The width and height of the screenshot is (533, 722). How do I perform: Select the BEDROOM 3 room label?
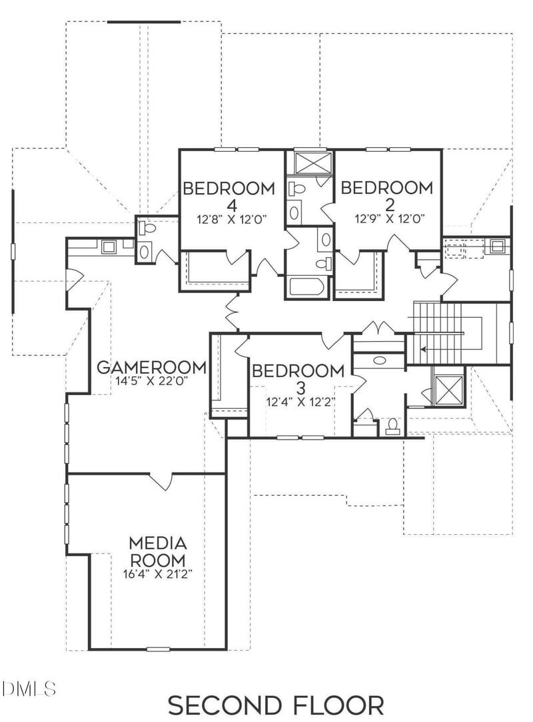click(298, 378)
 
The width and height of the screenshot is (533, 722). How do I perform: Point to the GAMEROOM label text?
click(151, 367)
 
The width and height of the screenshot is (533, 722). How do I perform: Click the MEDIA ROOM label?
click(157, 551)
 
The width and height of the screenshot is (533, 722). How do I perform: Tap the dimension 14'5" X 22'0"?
click(151, 382)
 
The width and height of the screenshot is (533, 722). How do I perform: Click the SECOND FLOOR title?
click(275, 705)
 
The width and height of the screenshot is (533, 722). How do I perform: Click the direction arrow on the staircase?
click(426, 348)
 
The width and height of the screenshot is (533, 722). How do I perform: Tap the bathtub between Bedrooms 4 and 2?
click(307, 287)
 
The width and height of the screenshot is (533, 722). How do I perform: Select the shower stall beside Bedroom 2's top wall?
click(309, 163)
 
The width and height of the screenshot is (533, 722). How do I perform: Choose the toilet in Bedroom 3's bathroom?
click(392, 426)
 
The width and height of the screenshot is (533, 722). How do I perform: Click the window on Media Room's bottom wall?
click(158, 649)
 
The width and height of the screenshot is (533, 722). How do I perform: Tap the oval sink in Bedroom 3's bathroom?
click(379, 360)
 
